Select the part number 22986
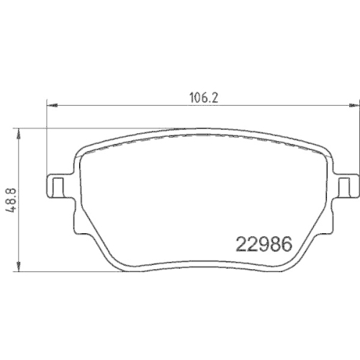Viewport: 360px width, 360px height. point(264,244)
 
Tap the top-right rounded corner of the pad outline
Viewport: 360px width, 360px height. point(325,149)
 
